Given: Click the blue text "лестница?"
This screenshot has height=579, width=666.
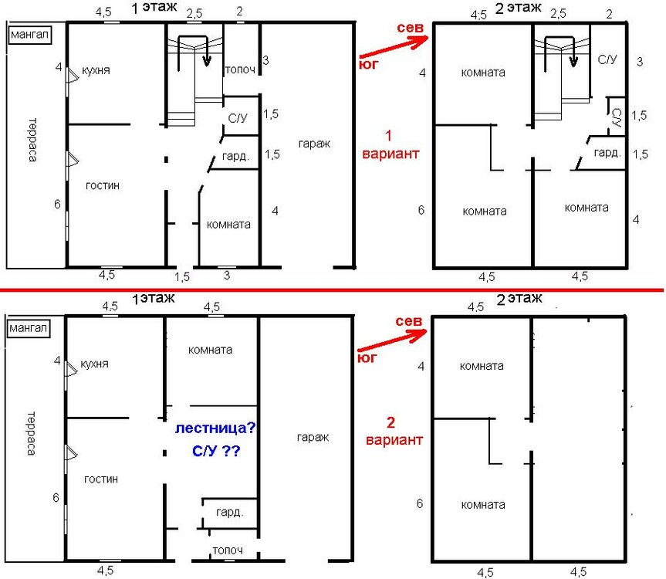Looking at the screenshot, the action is [x=215, y=428].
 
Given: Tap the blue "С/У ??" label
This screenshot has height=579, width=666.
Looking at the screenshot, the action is [x=216, y=451].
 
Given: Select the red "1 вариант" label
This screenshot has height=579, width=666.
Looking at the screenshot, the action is [x=390, y=145].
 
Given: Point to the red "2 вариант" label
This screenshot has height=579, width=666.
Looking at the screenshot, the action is [x=394, y=431].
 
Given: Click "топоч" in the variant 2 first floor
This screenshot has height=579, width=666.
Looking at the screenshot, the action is [x=228, y=550].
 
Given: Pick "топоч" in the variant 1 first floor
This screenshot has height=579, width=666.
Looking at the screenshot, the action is [x=241, y=69].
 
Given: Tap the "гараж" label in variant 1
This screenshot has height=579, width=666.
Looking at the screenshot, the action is [x=314, y=144].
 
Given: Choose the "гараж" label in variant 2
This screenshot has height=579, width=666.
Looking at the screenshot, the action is [x=313, y=438].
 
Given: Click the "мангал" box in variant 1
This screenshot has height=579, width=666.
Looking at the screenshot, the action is [x=30, y=35].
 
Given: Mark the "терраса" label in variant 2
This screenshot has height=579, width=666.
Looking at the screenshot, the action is [x=31, y=433].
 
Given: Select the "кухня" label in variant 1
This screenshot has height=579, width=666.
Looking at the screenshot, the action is [x=96, y=70].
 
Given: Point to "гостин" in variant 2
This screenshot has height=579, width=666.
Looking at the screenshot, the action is [x=101, y=479].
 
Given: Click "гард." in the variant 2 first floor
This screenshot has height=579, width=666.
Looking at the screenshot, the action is [x=230, y=513].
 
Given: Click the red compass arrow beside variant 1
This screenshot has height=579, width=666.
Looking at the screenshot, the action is [x=394, y=46].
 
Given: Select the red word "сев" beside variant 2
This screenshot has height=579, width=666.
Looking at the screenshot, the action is [x=408, y=321].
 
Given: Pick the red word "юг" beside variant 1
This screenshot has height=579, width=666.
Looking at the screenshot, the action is [x=368, y=64].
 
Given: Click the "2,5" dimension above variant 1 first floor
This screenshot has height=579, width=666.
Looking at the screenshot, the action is [x=194, y=14].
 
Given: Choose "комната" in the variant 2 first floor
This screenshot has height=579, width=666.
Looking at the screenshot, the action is [x=210, y=350].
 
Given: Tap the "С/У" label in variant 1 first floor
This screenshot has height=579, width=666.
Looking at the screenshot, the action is [x=238, y=118].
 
